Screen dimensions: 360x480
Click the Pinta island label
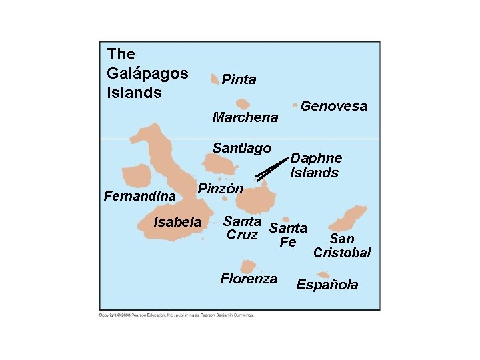(239, 80)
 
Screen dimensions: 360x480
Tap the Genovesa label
(334, 106)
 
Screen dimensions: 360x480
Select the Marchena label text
(245, 118)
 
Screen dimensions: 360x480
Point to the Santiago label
(242, 148)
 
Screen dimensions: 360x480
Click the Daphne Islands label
(315, 165)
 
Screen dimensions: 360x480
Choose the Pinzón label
(221, 189)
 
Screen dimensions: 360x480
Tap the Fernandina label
(139, 197)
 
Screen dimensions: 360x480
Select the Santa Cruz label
(242, 228)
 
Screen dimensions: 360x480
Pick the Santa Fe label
(288, 235)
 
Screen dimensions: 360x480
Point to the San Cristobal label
(342, 246)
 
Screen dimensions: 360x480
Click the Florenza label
(249, 279)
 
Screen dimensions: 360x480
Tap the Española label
(327, 285)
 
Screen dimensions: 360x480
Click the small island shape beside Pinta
(214, 79)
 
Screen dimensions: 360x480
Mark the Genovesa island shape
(295, 105)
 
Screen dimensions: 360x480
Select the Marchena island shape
(243, 104)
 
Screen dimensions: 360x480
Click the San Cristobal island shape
(352, 216)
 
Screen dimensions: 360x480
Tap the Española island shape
(323, 274)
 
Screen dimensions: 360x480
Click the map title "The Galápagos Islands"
(147, 73)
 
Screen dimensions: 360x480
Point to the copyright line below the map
(177, 315)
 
